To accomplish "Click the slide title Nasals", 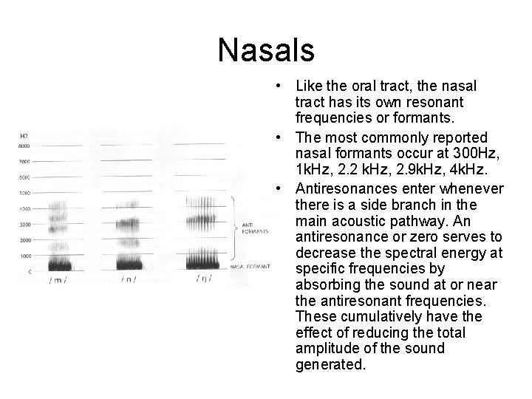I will click(x=266, y=51).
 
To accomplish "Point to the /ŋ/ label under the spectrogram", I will click(x=203, y=279).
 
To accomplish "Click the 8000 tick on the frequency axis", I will click(x=24, y=146).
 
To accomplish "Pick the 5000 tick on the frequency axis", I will click(x=24, y=193).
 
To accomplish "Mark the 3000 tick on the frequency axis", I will click(x=24, y=224).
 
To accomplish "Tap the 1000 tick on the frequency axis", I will click(x=24, y=256).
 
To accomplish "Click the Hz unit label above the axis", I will click(x=24, y=135).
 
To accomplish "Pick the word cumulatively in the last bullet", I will click(x=372, y=316).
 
